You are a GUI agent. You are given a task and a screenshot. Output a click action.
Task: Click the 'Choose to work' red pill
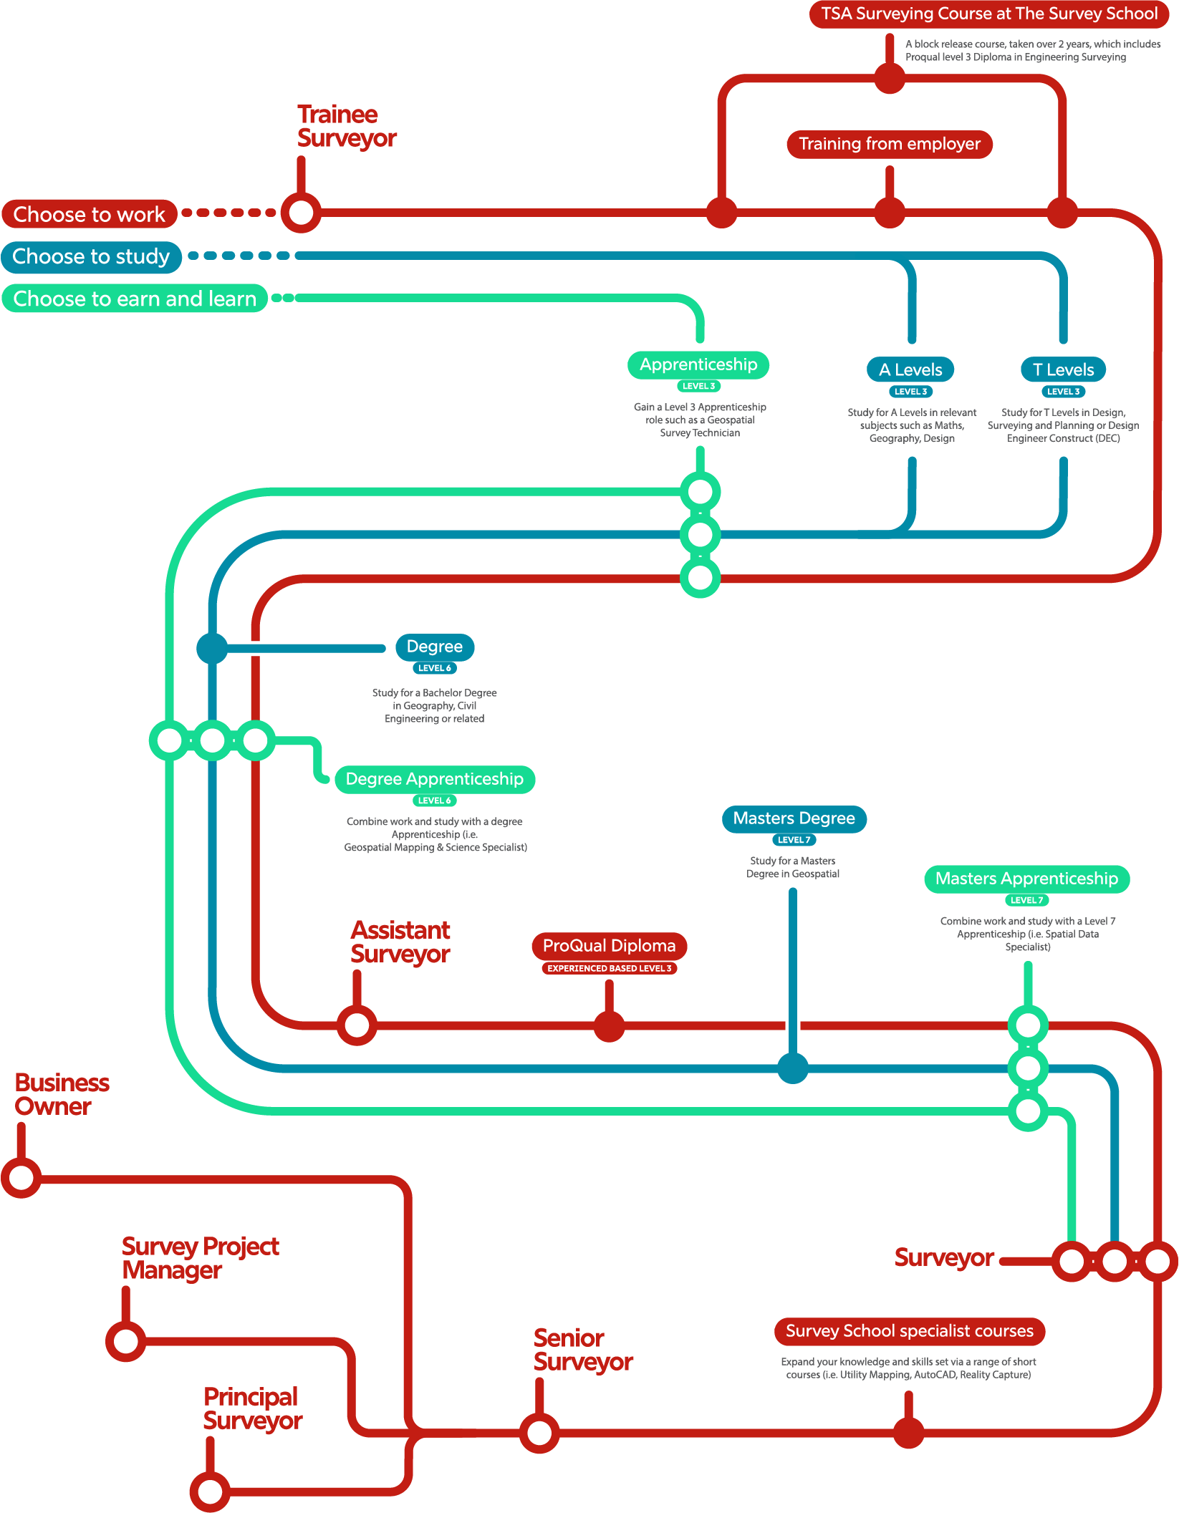point(90,214)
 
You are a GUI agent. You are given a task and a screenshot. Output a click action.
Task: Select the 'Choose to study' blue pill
point(91,256)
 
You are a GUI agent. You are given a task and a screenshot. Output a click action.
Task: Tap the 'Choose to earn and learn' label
point(135,299)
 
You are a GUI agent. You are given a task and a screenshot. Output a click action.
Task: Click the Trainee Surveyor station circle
point(301,213)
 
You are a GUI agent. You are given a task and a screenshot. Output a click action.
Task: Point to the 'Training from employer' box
point(890,144)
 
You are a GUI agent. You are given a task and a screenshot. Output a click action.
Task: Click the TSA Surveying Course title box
point(988,14)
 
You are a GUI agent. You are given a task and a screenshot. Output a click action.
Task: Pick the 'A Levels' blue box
point(910,369)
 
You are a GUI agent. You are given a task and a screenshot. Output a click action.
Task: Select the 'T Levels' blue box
point(1063,369)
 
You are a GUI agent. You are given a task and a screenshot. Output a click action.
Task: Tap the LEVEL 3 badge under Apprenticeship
point(698,386)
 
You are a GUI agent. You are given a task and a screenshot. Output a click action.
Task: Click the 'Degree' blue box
point(435,647)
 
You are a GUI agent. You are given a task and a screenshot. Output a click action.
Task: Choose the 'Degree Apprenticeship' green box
point(435,779)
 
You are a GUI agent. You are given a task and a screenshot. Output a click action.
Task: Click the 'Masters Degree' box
point(794,818)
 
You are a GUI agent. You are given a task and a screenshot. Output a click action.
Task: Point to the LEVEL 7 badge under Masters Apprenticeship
point(1026,900)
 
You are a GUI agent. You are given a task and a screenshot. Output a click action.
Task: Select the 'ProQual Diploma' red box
point(609,946)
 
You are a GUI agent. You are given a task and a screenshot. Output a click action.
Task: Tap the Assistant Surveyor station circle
point(357,1025)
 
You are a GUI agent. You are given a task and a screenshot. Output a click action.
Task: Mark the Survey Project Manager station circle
point(125,1341)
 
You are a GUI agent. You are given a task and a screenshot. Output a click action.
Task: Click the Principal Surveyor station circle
point(210,1492)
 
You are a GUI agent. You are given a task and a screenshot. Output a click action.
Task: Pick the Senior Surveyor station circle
point(539,1433)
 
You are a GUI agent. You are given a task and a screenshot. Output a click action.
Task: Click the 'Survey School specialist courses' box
point(909,1331)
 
